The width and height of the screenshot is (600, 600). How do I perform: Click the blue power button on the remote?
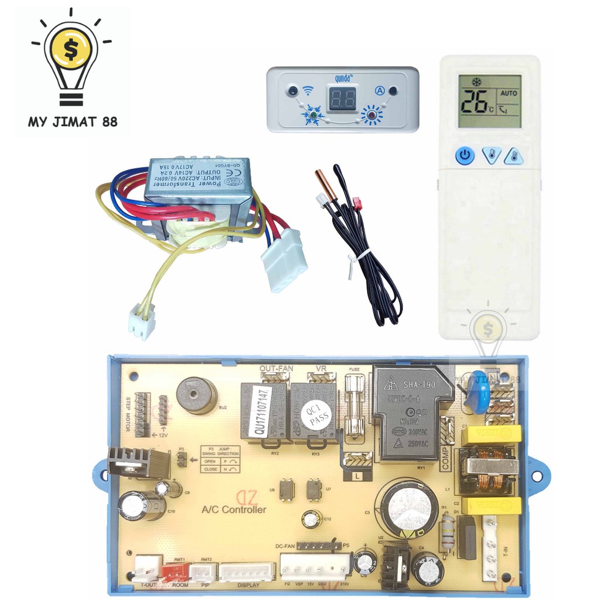tap(464, 156)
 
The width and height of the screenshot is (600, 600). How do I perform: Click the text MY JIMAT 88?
tap(73, 122)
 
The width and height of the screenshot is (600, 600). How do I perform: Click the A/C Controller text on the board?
tap(234, 510)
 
